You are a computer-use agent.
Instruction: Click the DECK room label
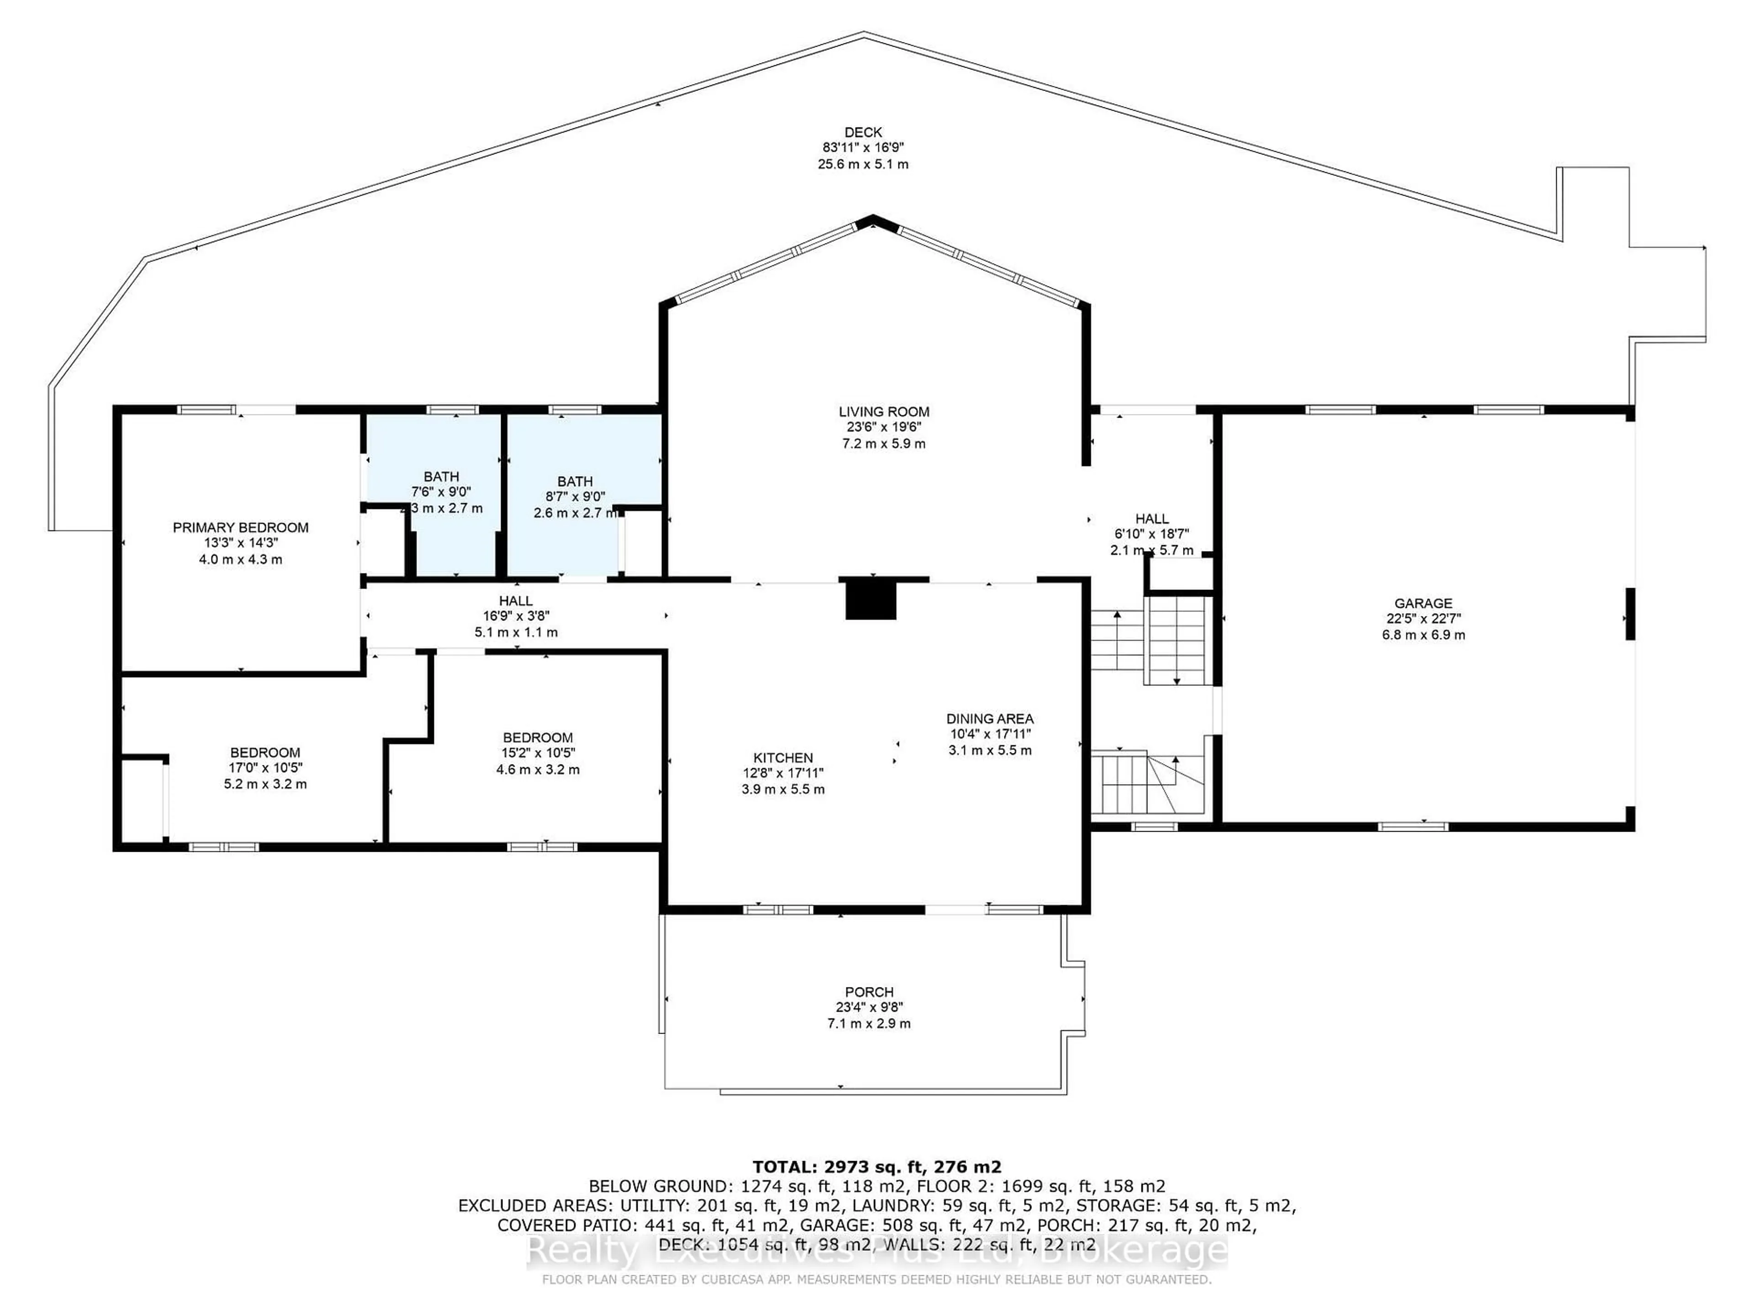pyautogui.click(x=863, y=133)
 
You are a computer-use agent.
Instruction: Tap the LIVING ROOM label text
pyautogui.click(x=883, y=412)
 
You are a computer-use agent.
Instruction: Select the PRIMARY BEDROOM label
pyautogui.click(x=240, y=527)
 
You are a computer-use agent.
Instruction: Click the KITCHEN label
pyautogui.click(x=782, y=758)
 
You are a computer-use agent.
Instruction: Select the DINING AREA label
pyautogui.click(x=990, y=719)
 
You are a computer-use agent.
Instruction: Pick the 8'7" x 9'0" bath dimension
pyautogui.click(x=575, y=497)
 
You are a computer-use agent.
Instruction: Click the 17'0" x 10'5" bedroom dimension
pyautogui.click(x=265, y=768)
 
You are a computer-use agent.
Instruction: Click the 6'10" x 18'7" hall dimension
pyautogui.click(x=1152, y=535)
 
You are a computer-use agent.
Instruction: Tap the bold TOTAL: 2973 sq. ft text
pyautogui.click(x=876, y=1167)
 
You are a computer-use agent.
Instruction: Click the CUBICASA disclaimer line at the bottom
pyautogui.click(x=876, y=1279)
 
